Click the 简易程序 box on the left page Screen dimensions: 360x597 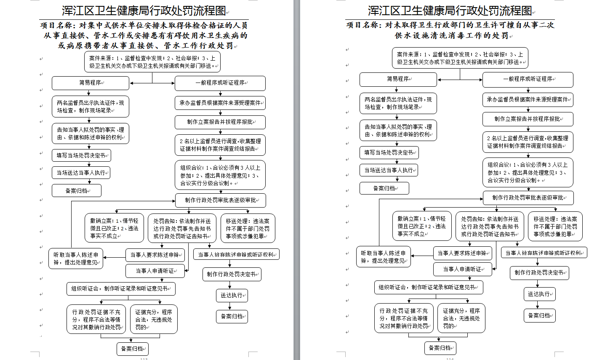[90, 83]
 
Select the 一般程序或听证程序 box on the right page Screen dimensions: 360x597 [528, 79]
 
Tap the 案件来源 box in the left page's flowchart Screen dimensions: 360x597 [152, 62]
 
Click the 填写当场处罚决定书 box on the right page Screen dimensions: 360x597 [389, 152]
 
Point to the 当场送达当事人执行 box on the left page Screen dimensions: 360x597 [81, 173]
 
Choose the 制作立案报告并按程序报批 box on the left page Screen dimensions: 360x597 [220, 122]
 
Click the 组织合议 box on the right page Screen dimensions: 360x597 [528, 172]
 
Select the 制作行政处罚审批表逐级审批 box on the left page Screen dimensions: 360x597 [220, 200]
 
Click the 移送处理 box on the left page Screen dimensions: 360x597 [248, 228]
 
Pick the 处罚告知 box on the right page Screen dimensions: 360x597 [489, 226]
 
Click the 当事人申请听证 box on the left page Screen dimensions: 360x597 [155, 271]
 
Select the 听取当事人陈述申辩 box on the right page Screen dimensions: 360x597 [383, 257]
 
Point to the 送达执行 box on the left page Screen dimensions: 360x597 [232, 295]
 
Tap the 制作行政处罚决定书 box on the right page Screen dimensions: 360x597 [539, 272]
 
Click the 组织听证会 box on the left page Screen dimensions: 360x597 [120, 289]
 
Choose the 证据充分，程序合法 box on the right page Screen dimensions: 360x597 [461, 318]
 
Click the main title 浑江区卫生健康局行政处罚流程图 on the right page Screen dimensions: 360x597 [450, 11]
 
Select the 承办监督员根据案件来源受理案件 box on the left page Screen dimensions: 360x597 [220, 102]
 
